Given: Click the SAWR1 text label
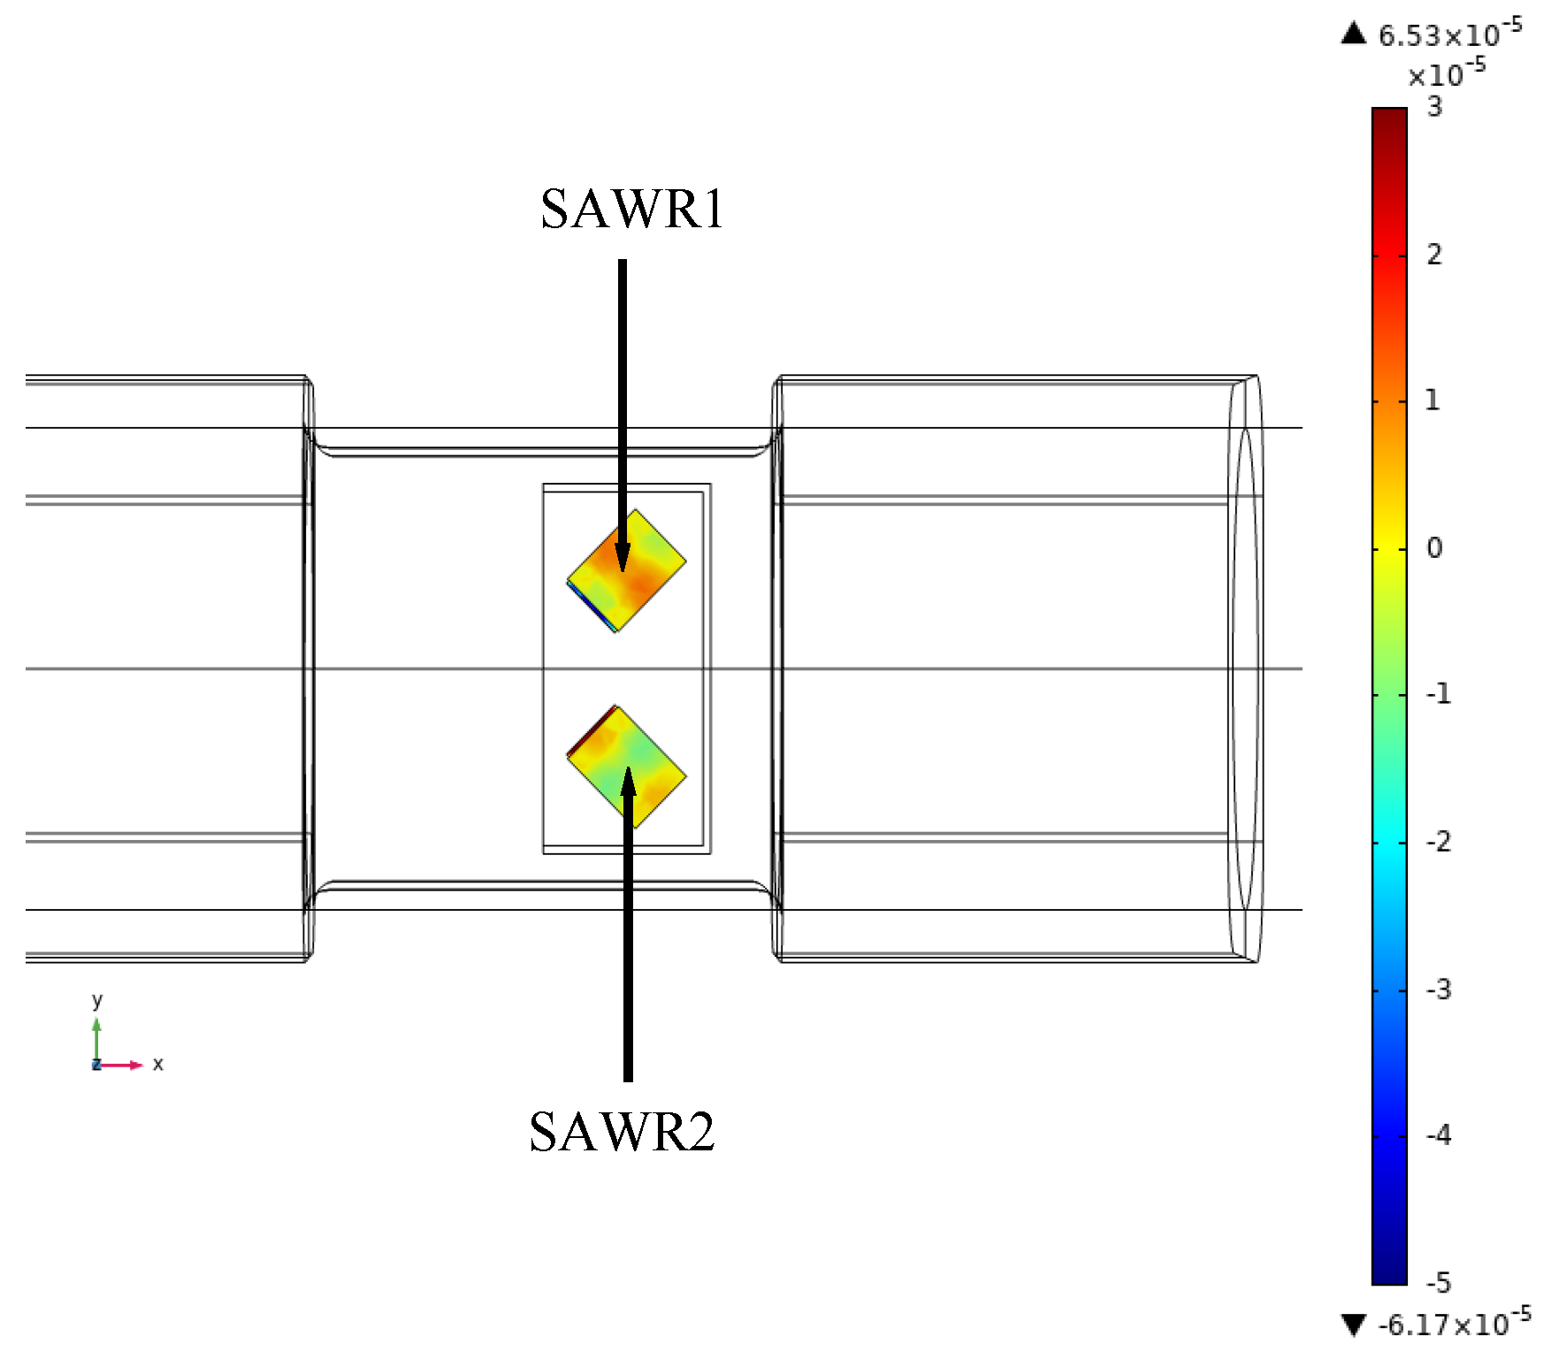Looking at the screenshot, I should [x=631, y=210].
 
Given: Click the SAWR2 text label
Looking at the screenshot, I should [x=621, y=1132].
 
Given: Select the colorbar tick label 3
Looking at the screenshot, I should [x=1434, y=108].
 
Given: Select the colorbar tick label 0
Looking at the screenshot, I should [x=1434, y=548].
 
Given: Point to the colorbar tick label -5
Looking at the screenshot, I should [x=1439, y=1282].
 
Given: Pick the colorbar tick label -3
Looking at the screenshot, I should [x=1439, y=989].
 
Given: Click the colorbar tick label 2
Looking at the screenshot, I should [x=1434, y=255].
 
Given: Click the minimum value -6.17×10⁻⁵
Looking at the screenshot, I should [x=1454, y=1323].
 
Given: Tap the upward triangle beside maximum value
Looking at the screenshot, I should [x=1354, y=34].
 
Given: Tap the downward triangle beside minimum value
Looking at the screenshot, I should [x=1354, y=1325].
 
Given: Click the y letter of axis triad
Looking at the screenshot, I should [x=97, y=1001].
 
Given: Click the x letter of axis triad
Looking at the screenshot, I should [x=158, y=1064].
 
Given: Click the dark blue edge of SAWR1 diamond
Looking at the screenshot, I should [x=590, y=606].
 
